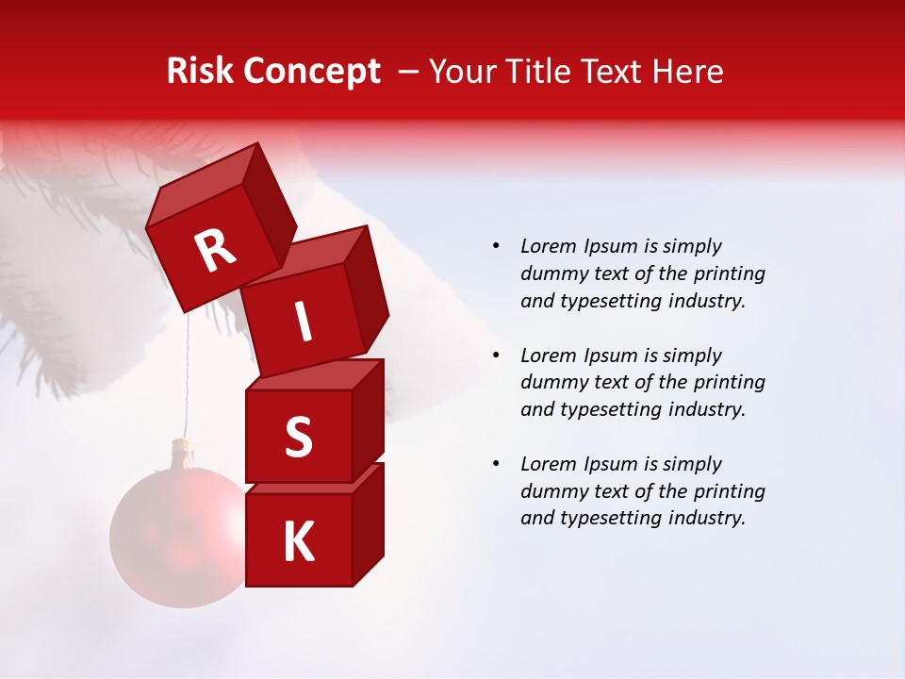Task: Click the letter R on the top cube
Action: tap(216, 251)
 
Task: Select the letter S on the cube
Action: tap(298, 437)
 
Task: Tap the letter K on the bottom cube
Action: tap(298, 542)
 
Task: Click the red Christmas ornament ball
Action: tap(174, 538)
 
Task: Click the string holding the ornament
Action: tap(189, 377)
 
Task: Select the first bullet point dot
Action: tap(496, 246)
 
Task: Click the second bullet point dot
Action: tap(496, 356)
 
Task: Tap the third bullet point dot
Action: tap(496, 464)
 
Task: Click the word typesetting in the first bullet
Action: tap(609, 302)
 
